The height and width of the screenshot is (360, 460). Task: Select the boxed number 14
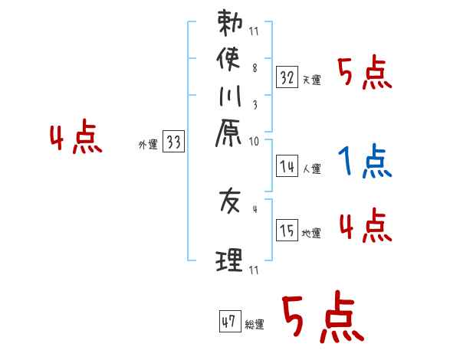point(287,165)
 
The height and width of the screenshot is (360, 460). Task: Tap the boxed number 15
point(287,229)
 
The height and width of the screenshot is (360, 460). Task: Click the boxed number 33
point(173,142)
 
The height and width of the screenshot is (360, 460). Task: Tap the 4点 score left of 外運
point(75,139)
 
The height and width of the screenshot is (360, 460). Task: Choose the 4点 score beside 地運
point(364,227)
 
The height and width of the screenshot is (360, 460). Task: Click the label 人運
point(312,169)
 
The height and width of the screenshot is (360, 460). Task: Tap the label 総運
point(255,325)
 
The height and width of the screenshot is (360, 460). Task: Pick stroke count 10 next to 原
point(255,141)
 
